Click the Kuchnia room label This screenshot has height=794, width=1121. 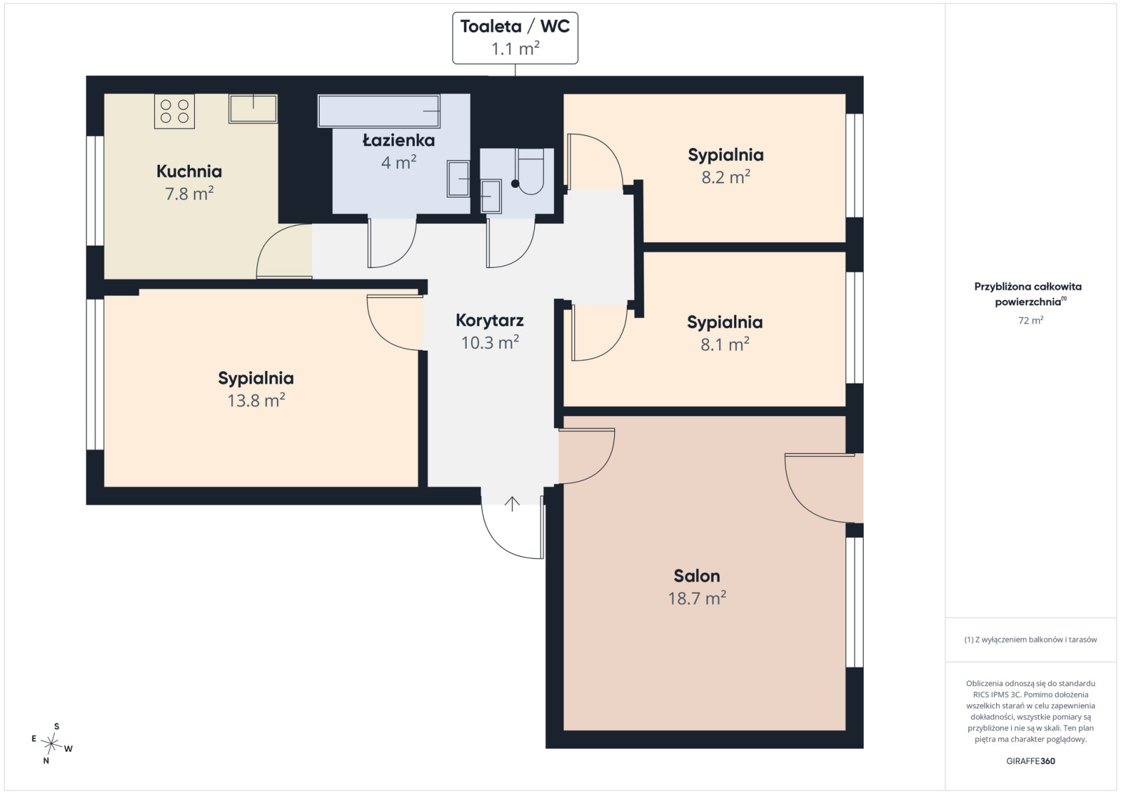[189, 171]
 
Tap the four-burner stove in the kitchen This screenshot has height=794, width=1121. [174, 111]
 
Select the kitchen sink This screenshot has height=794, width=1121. [252, 109]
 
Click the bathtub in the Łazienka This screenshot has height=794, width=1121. [379, 111]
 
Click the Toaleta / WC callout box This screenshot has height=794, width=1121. [515, 38]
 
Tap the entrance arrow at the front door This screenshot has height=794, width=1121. [512, 504]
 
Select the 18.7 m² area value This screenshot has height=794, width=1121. [697, 598]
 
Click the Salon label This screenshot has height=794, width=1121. [697, 576]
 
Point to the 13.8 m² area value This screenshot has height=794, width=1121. [256, 401]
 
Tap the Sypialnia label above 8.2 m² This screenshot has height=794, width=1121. [726, 155]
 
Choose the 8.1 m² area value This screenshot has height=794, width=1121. [725, 344]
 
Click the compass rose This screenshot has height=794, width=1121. [52, 744]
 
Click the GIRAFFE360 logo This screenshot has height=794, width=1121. [1031, 761]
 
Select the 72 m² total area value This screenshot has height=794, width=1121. [1031, 321]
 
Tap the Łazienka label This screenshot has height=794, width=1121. [398, 141]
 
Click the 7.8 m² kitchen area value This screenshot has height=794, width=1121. [189, 194]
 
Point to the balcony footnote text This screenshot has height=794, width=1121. [1031, 639]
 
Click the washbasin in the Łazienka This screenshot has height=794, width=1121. [458, 179]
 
